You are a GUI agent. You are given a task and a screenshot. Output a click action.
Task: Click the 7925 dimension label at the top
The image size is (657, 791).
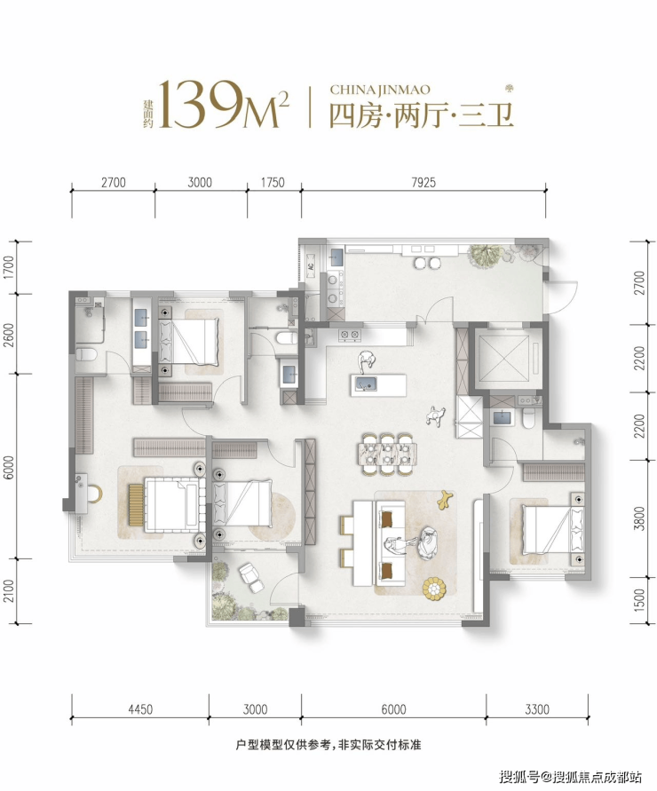[x=423, y=182]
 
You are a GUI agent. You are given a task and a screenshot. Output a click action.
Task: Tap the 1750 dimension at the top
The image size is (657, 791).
[x=273, y=182]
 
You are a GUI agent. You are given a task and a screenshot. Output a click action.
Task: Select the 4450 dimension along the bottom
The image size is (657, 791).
[x=140, y=709]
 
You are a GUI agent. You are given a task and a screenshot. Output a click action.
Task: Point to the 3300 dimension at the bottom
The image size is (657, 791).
[x=536, y=709]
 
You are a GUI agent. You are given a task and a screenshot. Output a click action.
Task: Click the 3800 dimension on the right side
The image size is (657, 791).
[x=639, y=518]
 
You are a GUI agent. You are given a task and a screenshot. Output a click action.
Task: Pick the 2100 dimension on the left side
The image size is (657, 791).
[x=9, y=590]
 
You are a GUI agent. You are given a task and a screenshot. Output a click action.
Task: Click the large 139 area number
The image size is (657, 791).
[x=200, y=105]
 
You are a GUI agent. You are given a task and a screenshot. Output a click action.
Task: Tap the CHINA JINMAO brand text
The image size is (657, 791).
[x=380, y=91]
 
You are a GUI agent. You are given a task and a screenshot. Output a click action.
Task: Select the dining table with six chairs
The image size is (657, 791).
[x=389, y=453]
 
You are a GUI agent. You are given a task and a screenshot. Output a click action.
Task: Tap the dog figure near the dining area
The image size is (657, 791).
[x=434, y=415]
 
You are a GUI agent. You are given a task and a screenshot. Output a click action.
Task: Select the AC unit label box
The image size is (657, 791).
[x=312, y=268]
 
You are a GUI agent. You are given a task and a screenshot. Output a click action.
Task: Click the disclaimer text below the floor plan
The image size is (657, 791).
[x=328, y=745]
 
